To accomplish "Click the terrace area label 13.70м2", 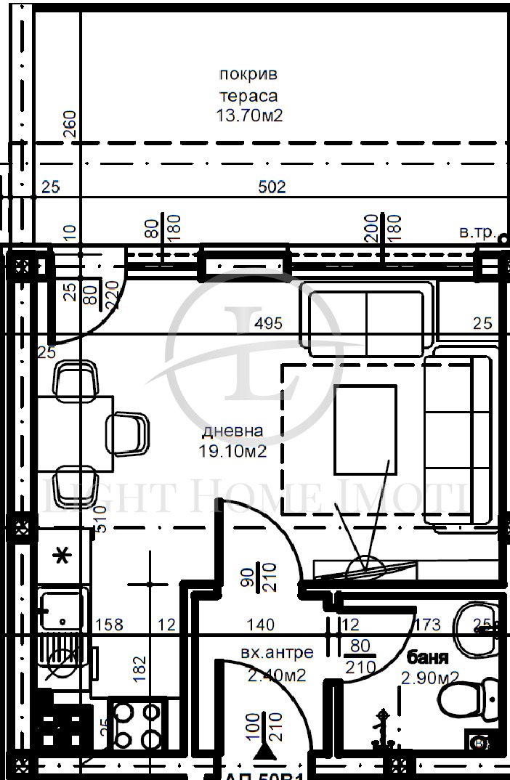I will (248, 115).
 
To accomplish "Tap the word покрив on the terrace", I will (248, 74).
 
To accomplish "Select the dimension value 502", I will (272, 187).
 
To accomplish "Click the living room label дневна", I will (232, 431).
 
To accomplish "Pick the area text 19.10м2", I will (232, 451).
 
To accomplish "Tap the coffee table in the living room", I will (365, 430).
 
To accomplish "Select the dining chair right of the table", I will (128, 434).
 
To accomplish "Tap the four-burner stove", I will (137, 723).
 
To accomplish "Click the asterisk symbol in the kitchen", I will (63, 556).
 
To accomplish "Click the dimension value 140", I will (260, 624).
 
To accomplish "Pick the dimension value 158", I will (109, 624).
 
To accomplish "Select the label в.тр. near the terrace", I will (477, 233).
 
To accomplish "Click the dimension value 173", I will (427, 624).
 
